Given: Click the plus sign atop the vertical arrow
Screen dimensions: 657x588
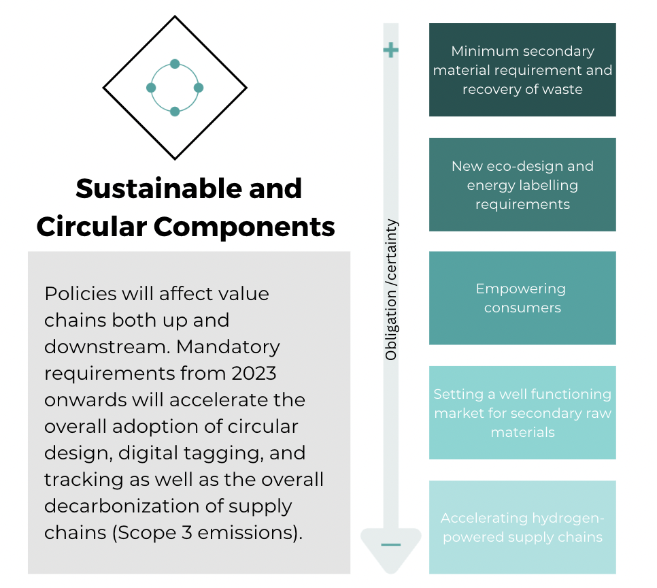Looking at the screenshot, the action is click(390, 50).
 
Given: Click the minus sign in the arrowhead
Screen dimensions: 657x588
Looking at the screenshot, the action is click(390, 545).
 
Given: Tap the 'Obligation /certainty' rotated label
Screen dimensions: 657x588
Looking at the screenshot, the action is click(391, 289).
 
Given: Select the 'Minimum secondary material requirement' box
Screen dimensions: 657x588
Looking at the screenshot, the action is click(522, 69).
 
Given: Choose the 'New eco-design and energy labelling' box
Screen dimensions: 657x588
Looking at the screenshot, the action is click(522, 184).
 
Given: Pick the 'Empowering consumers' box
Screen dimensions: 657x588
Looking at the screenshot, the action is click(522, 298).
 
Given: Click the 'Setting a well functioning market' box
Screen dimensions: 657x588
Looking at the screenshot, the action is click(522, 412).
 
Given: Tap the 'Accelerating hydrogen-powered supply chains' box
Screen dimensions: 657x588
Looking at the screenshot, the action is click(522, 527).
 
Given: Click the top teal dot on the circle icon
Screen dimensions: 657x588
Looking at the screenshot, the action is click(175, 64).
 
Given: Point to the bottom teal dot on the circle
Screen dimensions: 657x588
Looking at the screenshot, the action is click(175, 112).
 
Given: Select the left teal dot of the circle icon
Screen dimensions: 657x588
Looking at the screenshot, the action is click(151, 88).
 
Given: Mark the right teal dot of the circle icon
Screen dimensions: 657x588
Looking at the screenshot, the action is click(199, 88).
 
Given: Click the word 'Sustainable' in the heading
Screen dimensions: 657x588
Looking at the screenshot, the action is click(160, 189).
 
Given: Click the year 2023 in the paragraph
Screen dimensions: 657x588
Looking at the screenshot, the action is click(254, 373).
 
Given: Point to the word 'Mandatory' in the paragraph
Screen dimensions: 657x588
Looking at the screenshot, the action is click(228, 348).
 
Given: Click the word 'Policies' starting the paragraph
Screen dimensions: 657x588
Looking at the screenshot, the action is click(80, 293).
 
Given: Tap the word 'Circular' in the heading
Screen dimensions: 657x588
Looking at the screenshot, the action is click(91, 227).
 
